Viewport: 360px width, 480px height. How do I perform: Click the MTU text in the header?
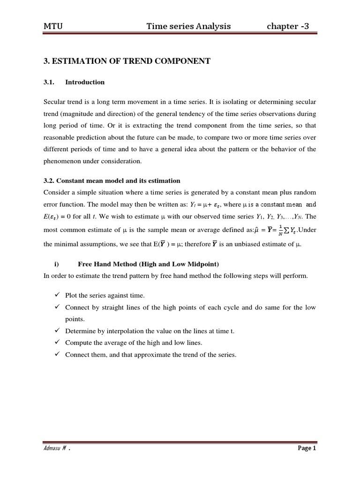(x=52, y=26)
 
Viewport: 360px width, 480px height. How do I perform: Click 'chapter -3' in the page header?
(x=288, y=26)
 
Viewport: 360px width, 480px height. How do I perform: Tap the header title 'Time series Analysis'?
(x=188, y=26)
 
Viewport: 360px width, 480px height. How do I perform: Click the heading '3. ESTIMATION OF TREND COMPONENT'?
(x=127, y=61)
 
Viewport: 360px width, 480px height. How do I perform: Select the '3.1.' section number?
(x=49, y=82)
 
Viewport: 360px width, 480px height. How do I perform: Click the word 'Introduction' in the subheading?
(x=85, y=82)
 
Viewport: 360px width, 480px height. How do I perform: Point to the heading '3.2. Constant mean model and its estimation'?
(x=112, y=180)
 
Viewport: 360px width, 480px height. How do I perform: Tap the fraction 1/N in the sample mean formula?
(x=280, y=230)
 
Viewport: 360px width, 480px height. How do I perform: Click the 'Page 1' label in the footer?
(x=307, y=449)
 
